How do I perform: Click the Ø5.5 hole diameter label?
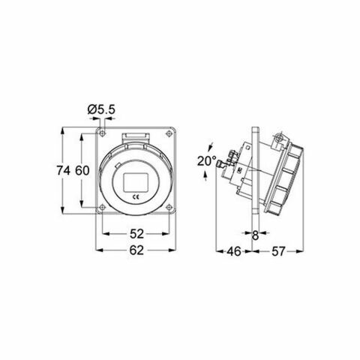pos(101,109)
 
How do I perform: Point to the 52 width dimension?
pos(136,232)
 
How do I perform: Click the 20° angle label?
pos(207,160)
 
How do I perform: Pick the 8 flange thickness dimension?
pos(256,234)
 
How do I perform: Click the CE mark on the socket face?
pos(136,196)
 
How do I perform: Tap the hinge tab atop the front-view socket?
pos(136,133)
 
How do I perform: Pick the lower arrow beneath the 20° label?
pos(207,177)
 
